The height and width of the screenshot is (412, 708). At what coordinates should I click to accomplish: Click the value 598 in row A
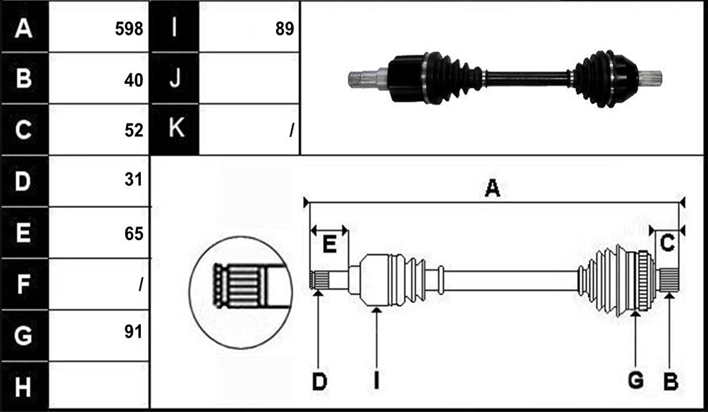(x=129, y=29)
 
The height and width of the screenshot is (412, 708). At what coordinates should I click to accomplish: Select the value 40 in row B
(x=134, y=80)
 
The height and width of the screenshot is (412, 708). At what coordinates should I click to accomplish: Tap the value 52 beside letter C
(x=134, y=131)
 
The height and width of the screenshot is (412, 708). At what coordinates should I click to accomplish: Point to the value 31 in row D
(x=134, y=180)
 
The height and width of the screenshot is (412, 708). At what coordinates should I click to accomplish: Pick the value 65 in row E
(x=134, y=234)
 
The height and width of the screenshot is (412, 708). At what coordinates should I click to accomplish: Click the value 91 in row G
(x=134, y=332)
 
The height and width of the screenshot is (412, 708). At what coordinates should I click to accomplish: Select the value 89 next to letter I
(x=285, y=29)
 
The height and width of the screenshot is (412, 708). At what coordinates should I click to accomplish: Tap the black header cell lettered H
(x=25, y=386)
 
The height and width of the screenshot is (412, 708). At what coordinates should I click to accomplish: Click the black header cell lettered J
(x=174, y=78)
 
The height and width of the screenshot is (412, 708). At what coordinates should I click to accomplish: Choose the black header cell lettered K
(x=174, y=129)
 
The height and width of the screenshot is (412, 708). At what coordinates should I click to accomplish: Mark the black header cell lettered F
(x=25, y=284)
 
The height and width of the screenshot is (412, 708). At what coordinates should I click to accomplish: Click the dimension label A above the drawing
(x=492, y=188)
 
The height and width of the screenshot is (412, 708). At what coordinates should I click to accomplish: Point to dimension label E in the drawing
(x=329, y=245)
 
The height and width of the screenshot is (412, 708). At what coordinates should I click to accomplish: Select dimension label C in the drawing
(x=668, y=243)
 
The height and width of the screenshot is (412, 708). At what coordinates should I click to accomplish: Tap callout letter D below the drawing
(x=319, y=382)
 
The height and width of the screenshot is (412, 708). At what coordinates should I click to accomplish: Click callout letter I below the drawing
(x=376, y=382)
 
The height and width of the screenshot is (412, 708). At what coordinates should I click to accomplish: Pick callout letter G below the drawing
(x=636, y=381)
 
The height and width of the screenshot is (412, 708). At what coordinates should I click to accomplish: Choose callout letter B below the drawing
(x=670, y=382)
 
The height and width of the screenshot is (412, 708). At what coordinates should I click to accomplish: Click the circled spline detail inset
(x=241, y=292)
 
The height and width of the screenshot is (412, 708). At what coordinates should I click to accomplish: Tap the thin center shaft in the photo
(x=527, y=79)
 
